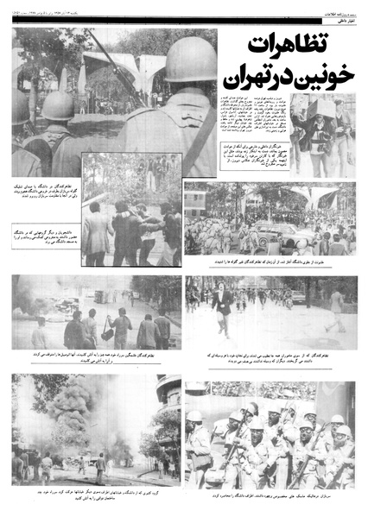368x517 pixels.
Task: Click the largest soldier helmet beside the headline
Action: (191, 60)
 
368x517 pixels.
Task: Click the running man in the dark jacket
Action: (224, 303)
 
